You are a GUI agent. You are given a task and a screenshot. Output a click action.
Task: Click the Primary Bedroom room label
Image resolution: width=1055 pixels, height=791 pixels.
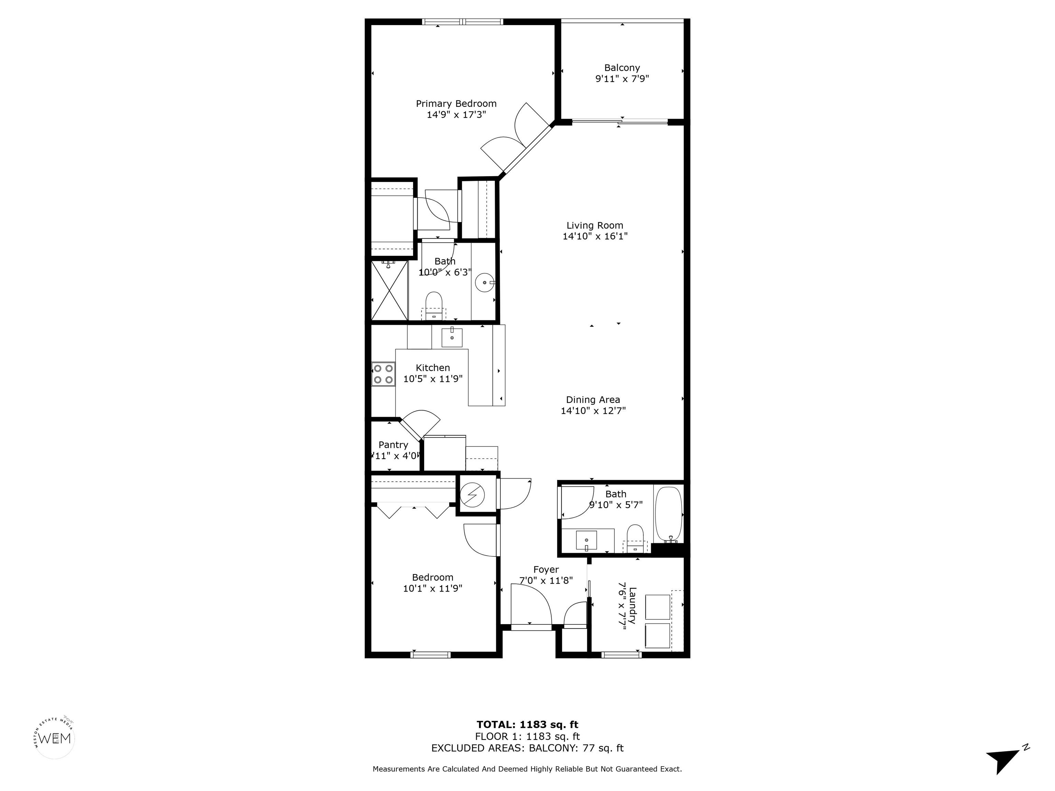pyautogui.click(x=456, y=103)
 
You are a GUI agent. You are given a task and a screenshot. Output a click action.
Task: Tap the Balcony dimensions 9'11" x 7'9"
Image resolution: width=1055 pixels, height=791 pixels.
pyautogui.click(x=622, y=79)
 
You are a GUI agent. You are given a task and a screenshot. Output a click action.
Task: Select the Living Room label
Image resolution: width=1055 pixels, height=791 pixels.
pyautogui.click(x=595, y=226)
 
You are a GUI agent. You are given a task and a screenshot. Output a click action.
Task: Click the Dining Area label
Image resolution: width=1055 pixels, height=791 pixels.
pyautogui.click(x=593, y=400)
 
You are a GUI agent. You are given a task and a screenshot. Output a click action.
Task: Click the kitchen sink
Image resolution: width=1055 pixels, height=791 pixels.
pyautogui.click(x=452, y=337)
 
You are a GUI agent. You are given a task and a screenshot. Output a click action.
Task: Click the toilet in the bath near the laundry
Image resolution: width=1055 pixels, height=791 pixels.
pyautogui.click(x=635, y=538)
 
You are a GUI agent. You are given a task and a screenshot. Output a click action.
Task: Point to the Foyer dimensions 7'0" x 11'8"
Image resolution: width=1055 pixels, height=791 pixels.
pyautogui.click(x=546, y=580)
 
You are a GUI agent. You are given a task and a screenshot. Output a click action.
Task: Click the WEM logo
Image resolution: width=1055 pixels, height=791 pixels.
pyautogui.click(x=55, y=738)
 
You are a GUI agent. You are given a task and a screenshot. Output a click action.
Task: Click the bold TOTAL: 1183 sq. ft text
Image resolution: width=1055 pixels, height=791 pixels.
pyautogui.click(x=527, y=725)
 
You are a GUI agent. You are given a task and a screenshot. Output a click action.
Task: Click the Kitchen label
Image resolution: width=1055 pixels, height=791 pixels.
pyautogui.click(x=433, y=368)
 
